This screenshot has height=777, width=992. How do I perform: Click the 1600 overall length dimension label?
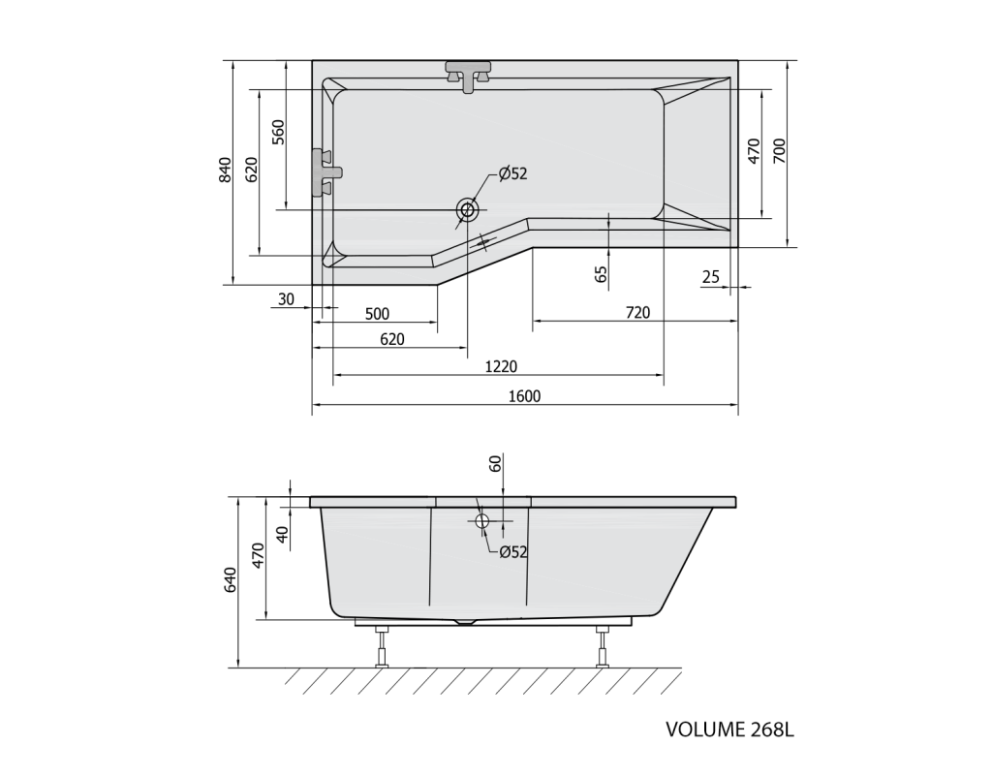point(524,396)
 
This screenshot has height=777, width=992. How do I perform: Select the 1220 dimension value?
point(501,366)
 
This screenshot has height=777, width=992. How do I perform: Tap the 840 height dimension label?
point(225,170)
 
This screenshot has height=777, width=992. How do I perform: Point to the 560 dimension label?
point(278,132)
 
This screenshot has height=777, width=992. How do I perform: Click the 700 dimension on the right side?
point(779,150)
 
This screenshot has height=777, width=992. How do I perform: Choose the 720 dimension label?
point(637,313)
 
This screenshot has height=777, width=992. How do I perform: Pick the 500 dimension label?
point(377,314)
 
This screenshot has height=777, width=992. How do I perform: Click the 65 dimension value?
point(601,274)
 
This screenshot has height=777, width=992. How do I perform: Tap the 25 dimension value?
point(710,276)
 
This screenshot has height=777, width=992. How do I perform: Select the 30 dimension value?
point(286,299)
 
